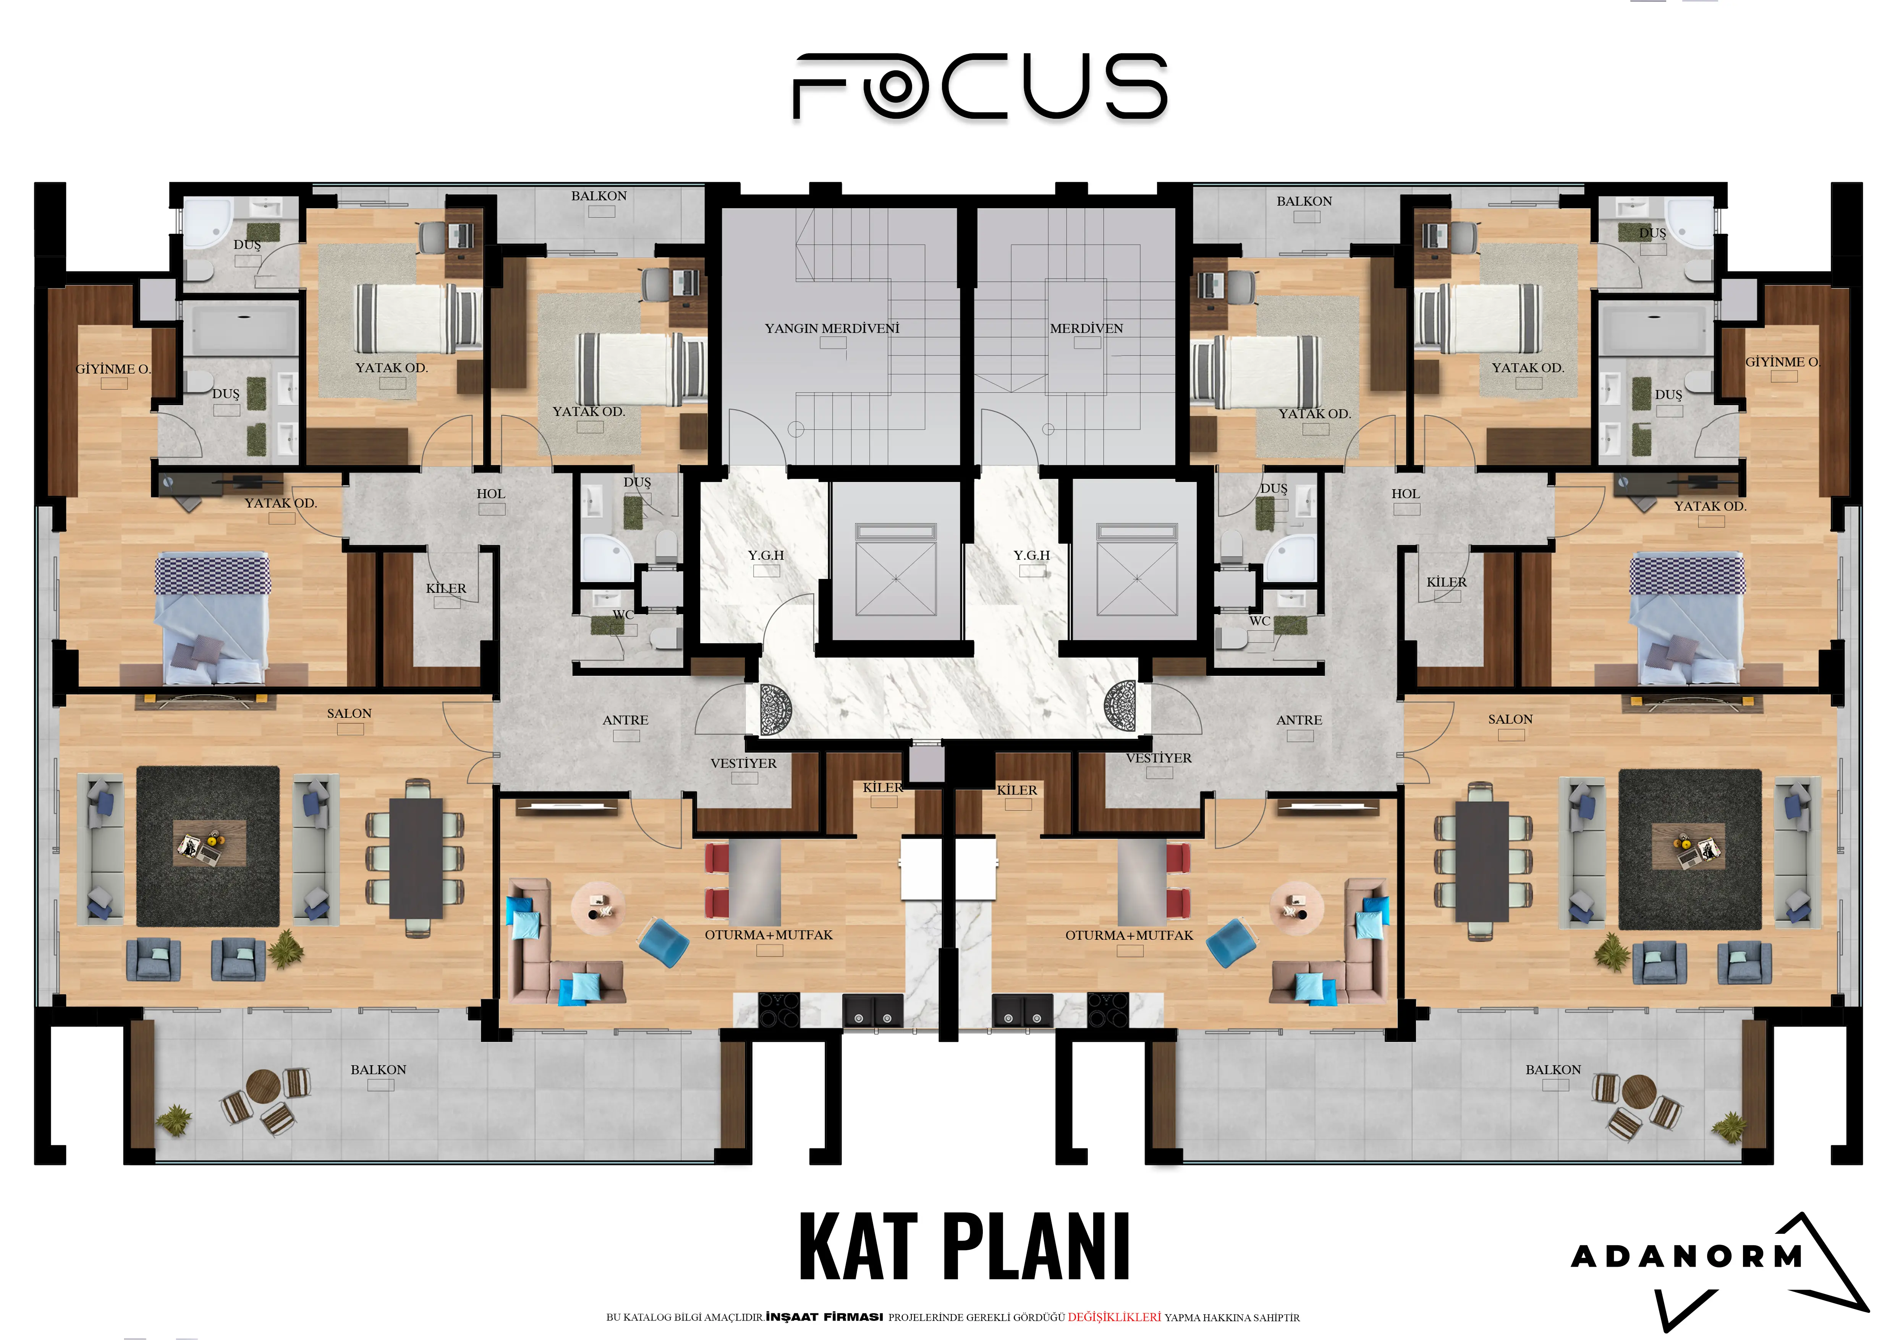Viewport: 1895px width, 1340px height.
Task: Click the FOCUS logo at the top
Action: click(980, 87)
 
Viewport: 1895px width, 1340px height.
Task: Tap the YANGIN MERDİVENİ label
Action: click(832, 329)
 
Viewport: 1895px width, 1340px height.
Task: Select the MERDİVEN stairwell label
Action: click(1086, 329)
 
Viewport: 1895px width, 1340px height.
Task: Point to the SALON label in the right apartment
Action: click(1510, 720)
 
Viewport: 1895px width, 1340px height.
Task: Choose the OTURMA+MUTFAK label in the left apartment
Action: click(769, 935)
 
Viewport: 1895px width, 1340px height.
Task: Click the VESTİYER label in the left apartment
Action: click(744, 763)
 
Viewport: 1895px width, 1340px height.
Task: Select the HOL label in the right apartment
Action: click(1406, 494)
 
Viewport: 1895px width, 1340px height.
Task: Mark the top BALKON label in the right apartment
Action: click(1304, 201)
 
